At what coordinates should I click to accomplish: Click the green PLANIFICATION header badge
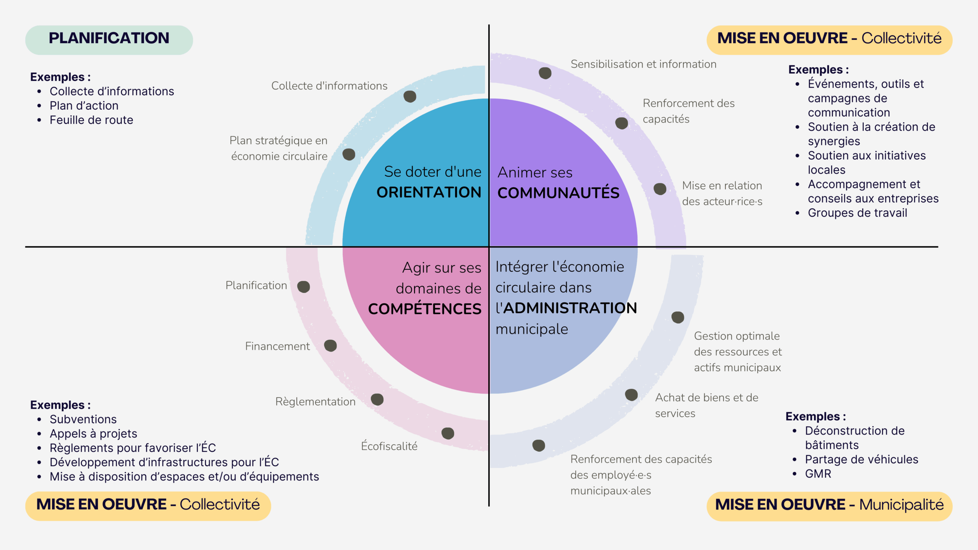pos(109,39)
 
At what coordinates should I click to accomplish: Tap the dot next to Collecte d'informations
pos(410,96)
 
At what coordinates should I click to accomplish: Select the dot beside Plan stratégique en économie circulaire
pos(349,154)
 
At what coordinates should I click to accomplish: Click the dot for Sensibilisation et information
pos(545,73)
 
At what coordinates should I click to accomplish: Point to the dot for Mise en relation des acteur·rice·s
pos(660,189)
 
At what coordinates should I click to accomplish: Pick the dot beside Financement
pos(330,346)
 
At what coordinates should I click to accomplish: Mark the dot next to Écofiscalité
pos(448,433)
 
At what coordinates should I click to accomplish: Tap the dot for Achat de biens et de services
pos(631,395)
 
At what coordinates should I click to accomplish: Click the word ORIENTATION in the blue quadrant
pos(429,192)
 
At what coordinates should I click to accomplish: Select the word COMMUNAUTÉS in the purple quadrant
pos(558,193)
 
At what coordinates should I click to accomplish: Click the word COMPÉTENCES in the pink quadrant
pos(424,309)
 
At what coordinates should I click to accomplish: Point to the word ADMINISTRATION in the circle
pos(570,308)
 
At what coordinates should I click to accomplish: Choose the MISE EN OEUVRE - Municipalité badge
pos(829,505)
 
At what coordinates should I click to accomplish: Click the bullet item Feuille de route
pos(91,120)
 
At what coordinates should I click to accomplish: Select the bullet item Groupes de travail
pos(857,213)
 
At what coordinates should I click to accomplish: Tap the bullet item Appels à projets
pos(93,433)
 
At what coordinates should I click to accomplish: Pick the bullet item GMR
pos(818,474)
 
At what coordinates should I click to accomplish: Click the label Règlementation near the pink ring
pos(315,401)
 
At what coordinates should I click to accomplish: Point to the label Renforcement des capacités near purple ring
pos(688,111)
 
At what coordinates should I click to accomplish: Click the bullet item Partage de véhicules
pos(861,459)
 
